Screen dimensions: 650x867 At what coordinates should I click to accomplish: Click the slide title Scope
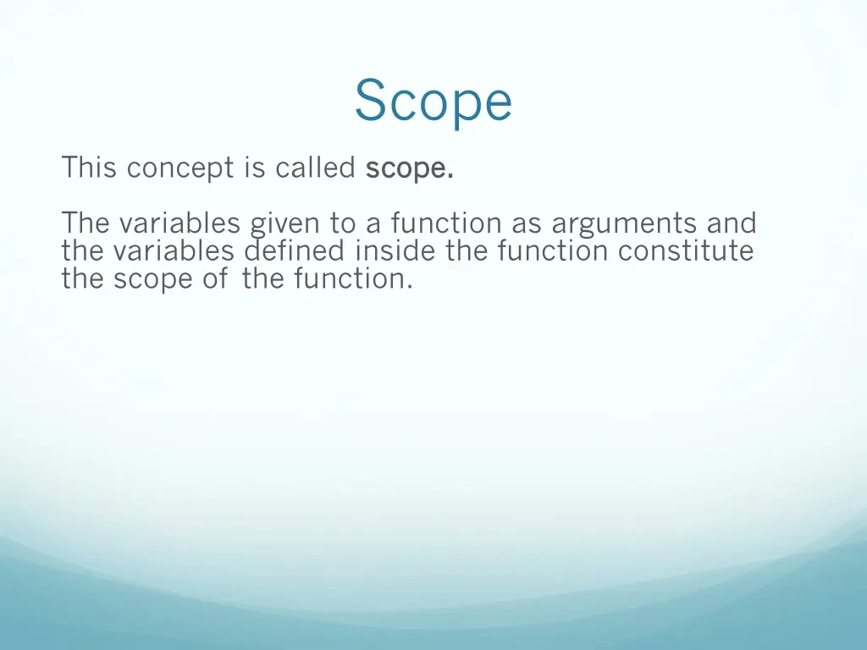(433, 102)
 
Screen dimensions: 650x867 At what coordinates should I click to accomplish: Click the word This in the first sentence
(88, 168)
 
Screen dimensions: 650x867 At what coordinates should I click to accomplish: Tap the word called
(315, 168)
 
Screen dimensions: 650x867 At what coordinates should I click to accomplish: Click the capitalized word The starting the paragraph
(86, 223)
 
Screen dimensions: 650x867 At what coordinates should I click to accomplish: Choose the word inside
(396, 251)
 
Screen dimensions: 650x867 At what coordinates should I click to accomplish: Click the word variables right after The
(179, 223)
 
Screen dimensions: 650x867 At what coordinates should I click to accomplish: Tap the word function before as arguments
(446, 223)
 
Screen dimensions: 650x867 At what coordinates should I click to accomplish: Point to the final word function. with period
(354, 278)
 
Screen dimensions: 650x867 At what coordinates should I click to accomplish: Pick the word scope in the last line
(152, 279)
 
